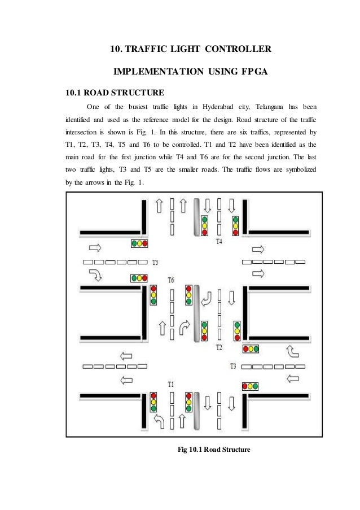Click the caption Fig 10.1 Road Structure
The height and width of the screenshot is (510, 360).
(214, 450)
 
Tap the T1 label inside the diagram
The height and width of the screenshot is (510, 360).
(171, 384)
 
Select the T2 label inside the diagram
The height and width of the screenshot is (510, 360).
(220, 346)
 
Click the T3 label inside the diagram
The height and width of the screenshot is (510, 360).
(233, 367)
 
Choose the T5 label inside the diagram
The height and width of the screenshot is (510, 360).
(157, 263)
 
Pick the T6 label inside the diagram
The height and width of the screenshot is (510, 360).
(171, 280)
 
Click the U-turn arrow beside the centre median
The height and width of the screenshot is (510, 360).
(208, 298)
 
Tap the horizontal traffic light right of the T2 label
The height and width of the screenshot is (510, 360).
(250, 348)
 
